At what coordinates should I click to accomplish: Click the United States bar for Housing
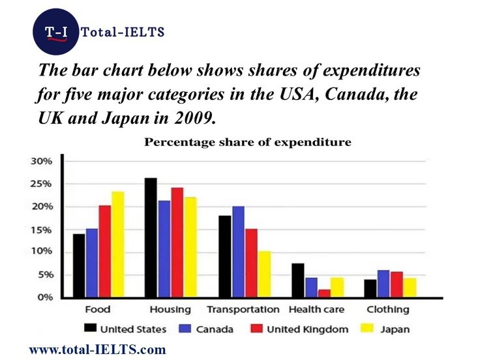click(151, 237)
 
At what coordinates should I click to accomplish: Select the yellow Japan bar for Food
click(117, 245)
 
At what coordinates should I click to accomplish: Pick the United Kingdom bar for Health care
click(324, 293)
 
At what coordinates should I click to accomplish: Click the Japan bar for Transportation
click(263, 275)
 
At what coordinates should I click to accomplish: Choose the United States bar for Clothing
click(370, 288)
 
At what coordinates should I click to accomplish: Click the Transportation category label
click(243, 309)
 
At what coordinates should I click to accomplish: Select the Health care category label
click(316, 309)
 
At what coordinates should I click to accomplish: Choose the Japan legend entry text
click(395, 329)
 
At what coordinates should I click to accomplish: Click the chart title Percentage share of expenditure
click(248, 142)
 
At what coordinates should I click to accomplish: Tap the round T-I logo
click(55, 32)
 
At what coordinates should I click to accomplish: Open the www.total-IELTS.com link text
click(98, 350)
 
